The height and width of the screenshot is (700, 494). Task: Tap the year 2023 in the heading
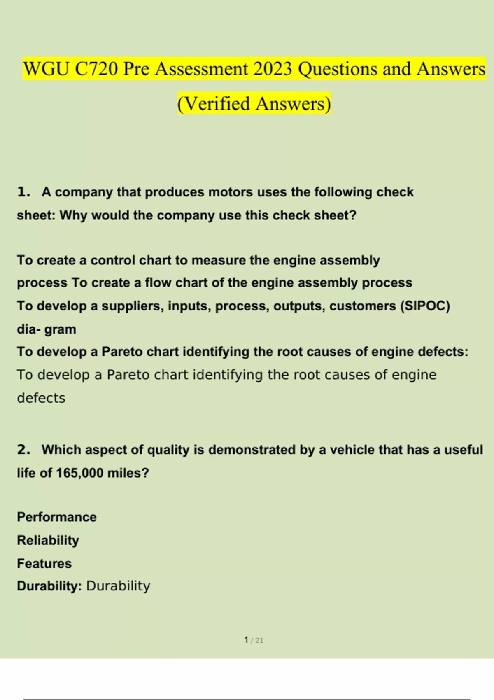point(273,69)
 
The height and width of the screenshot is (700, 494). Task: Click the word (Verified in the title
point(214,103)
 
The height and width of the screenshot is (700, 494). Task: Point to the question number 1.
point(23,192)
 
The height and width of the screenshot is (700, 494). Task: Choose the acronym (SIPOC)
point(425,306)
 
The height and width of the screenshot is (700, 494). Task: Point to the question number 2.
point(23,449)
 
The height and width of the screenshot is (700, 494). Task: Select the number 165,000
point(79,473)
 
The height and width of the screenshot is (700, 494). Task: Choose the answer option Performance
point(57,517)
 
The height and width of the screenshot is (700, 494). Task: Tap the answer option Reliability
point(48,540)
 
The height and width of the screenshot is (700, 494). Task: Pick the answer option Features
point(44,563)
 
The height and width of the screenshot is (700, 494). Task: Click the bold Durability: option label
point(49,586)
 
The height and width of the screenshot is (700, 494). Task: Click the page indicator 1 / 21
point(254,640)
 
